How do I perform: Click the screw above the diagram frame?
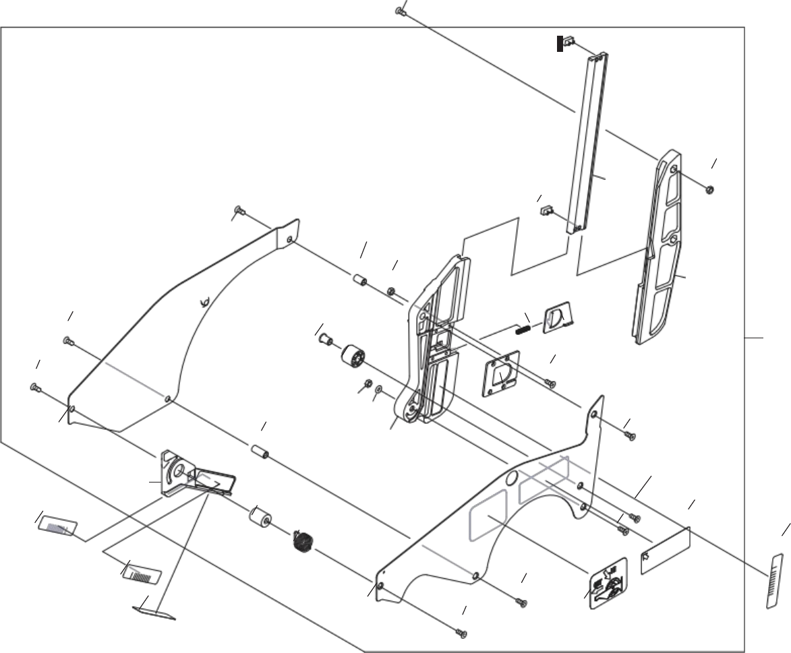click(399, 11)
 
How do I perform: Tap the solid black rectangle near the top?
click(560, 44)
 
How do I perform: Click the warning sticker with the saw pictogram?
click(608, 583)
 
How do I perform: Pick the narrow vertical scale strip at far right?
click(775, 580)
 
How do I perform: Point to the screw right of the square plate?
click(550, 383)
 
